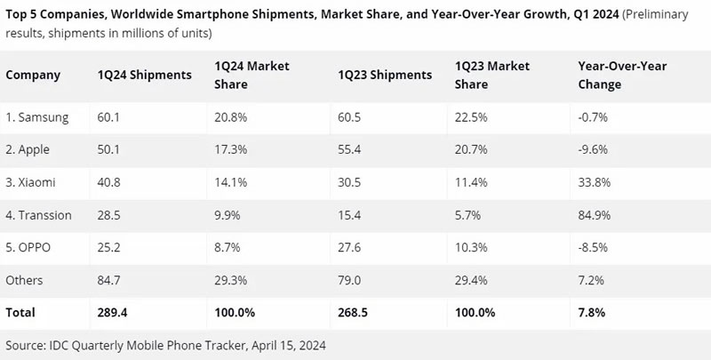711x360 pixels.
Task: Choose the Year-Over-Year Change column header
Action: [x=622, y=75]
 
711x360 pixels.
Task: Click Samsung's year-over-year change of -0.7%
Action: [x=592, y=117]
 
